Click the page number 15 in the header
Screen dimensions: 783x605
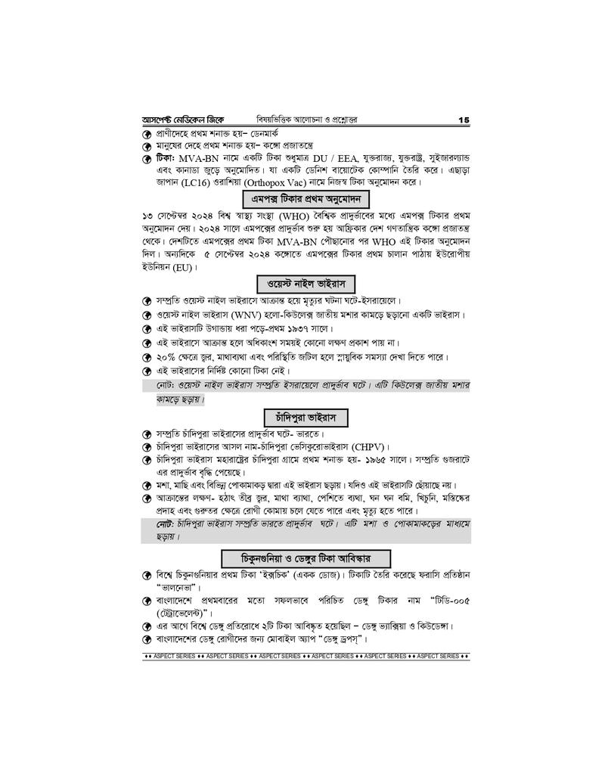[x=464, y=120]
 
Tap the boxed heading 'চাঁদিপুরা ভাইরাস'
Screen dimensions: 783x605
[x=306, y=417]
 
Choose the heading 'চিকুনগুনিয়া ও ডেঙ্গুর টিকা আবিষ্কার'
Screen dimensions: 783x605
[x=306, y=558]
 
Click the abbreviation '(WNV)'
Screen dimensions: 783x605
[x=245, y=314]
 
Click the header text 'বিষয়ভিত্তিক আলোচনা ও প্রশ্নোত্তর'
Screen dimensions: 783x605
[x=306, y=120]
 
